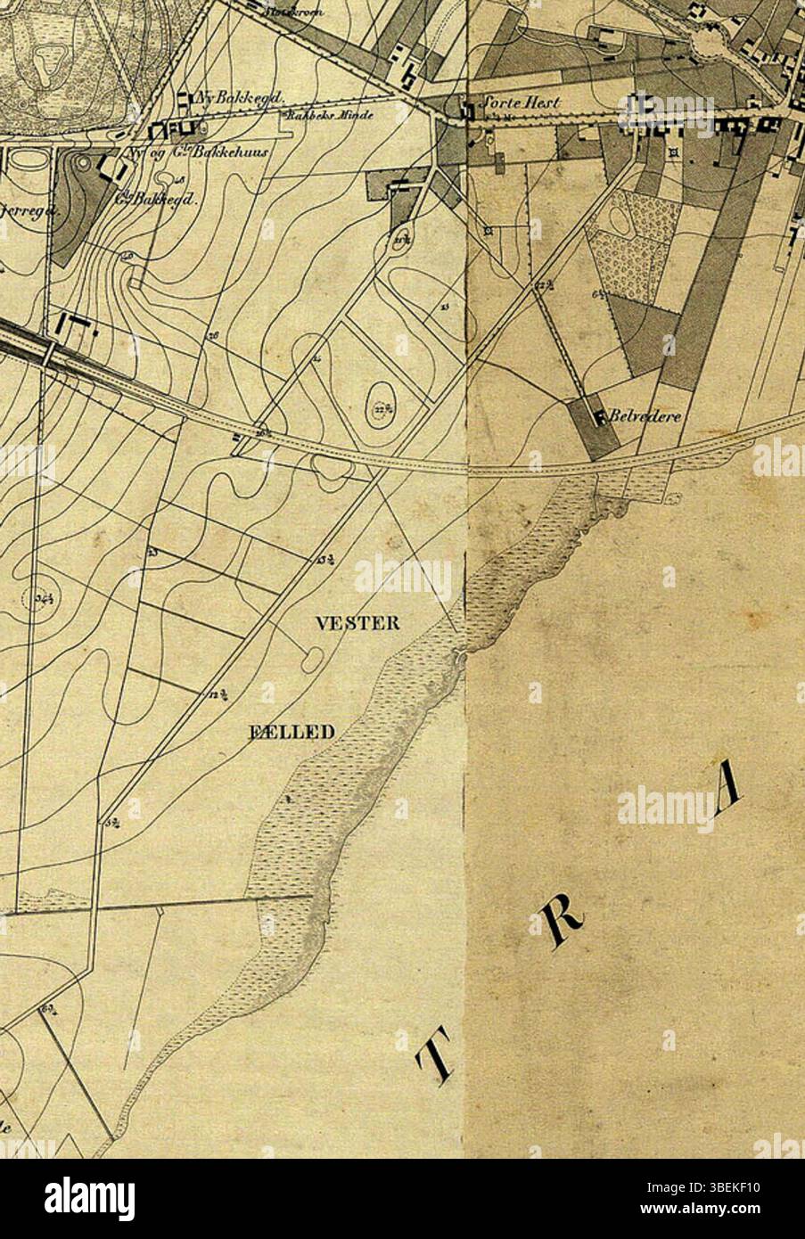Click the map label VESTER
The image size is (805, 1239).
pos(357,623)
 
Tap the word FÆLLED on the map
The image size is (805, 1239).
pos(290,733)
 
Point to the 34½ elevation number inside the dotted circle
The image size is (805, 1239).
pos(44,599)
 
